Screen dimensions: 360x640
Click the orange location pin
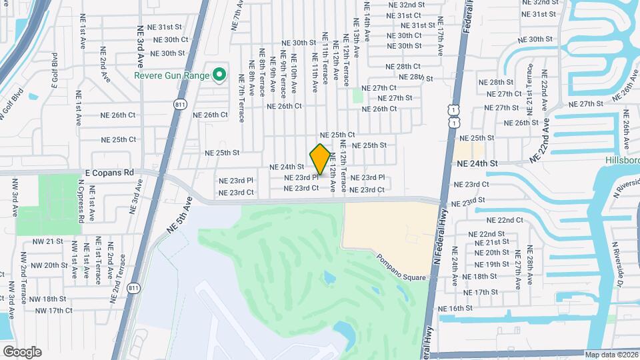320,159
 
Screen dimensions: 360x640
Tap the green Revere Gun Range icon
217,75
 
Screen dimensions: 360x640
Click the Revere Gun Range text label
171,75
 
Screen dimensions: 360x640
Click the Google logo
22,351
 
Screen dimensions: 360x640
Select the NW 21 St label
49,241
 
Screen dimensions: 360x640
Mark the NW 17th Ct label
53,311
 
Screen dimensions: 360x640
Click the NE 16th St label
455,308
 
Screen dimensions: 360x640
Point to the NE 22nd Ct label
505,220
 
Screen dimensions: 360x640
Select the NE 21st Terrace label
530,85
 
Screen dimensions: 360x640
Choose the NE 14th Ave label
366,19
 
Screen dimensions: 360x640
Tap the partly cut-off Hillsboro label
621,161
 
